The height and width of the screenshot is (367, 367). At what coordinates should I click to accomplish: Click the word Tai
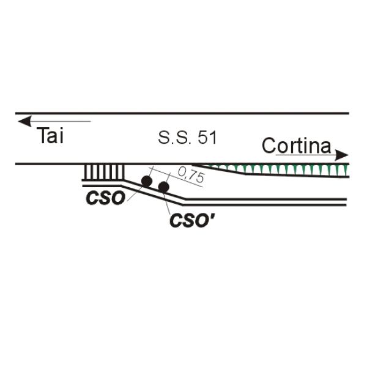click(50, 136)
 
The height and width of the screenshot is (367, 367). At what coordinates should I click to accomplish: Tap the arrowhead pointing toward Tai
click(24, 121)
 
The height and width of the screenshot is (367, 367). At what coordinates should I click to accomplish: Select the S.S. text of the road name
click(174, 138)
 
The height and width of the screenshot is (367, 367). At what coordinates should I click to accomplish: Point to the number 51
click(207, 138)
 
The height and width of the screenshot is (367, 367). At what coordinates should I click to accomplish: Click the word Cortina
click(297, 146)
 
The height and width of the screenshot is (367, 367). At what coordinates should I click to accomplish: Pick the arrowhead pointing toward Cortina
click(341, 155)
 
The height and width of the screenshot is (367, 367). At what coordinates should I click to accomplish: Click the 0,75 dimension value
click(191, 174)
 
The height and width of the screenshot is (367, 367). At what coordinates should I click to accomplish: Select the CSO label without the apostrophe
click(105, 198)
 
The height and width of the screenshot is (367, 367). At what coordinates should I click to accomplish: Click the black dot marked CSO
click(147, 181)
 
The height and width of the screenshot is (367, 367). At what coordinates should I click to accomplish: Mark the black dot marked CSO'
click(163, 187)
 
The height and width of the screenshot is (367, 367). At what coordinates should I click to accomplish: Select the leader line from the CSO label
click(135, 194)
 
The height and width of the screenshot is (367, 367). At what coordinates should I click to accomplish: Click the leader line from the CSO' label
click(167, 202)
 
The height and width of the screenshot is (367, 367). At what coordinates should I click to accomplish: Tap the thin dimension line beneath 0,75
click(176, 177)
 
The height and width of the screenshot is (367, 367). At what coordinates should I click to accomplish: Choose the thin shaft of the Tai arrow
click(61, 121)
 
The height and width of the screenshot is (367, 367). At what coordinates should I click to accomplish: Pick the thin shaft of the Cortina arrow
click(306, 155)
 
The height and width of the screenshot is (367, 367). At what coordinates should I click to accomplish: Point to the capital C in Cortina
click(269, 146)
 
